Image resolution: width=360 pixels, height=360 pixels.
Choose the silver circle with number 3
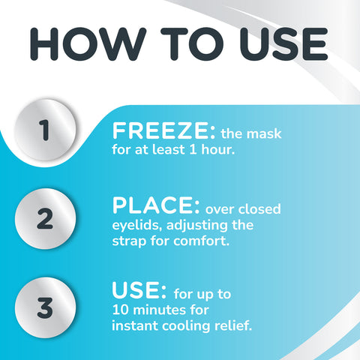(45, 307)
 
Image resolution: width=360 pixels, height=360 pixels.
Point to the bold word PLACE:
(154, 205)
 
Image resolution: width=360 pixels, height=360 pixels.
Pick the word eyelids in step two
(135, 225)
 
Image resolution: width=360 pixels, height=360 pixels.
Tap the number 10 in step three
(121, 308)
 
